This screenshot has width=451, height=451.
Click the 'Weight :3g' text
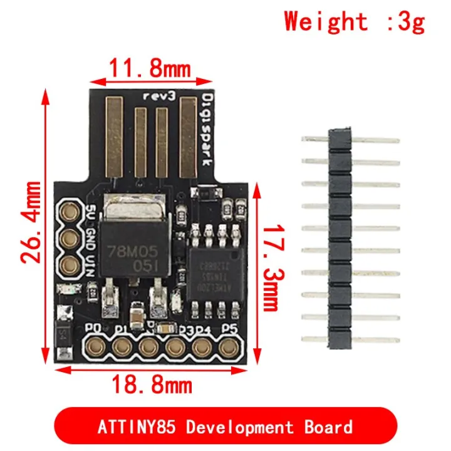(355, 22)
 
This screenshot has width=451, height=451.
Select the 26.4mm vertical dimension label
(31, 222)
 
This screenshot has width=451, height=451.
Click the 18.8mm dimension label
(152, 383)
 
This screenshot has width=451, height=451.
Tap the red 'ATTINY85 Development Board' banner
(225, 428)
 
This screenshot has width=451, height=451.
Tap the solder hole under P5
(230, 345)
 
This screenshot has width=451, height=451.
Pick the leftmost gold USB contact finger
(117, 137)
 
